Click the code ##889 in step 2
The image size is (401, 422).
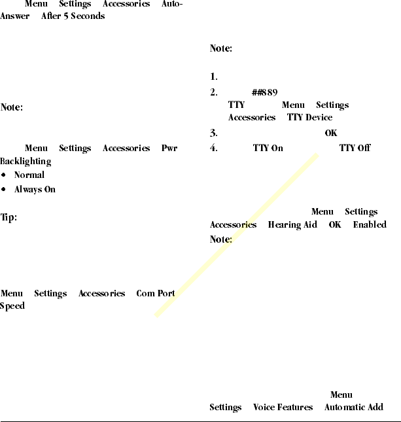[264, 92]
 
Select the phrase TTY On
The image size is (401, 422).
[268, 148]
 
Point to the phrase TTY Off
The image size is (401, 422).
[355, 148]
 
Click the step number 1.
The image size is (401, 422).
[213, 77]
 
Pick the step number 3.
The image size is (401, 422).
[213, 133]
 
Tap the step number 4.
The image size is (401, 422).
[213, 148]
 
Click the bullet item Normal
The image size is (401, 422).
[29, 175]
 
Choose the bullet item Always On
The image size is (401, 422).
[35, 190]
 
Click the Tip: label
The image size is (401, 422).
[9, 217]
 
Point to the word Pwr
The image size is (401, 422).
[169, 149]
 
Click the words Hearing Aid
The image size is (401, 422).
[292, 225]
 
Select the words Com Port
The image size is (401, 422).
[155, 294]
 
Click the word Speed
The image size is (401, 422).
[12, 306]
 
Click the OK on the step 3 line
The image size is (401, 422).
[331, 133]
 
